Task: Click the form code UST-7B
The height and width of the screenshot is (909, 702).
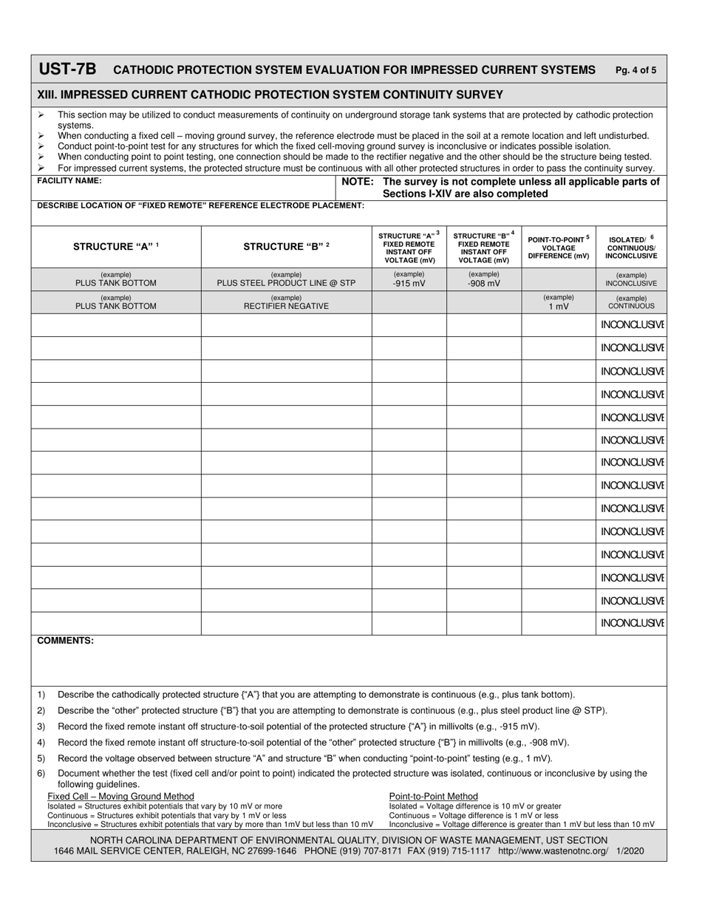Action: click(67, 69)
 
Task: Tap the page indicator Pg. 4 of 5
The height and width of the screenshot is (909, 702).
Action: click(635, 71)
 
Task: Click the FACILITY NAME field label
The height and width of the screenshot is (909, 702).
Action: click(69, 181)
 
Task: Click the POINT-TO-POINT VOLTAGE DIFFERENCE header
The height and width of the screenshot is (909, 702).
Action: click(559, 247)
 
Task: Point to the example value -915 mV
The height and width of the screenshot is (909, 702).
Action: click(409, 283)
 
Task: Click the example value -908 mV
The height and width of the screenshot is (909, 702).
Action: click(484, 283)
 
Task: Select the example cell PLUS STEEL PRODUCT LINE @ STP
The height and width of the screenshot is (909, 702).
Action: click(286, 283)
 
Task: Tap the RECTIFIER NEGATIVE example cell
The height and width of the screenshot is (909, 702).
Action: click(286, 306)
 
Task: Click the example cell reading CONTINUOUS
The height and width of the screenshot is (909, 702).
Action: click(631, 305)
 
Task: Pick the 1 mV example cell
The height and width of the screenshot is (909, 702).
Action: click(559, 306)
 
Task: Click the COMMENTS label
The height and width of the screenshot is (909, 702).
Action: click(66, 641)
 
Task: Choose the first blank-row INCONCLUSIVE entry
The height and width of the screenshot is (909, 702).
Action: click(632, 325)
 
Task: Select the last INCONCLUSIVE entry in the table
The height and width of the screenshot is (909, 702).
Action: click(632, 623)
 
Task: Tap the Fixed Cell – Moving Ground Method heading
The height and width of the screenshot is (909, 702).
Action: click(120, 796)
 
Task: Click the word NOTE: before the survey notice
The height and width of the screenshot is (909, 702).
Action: click(358, 182)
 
